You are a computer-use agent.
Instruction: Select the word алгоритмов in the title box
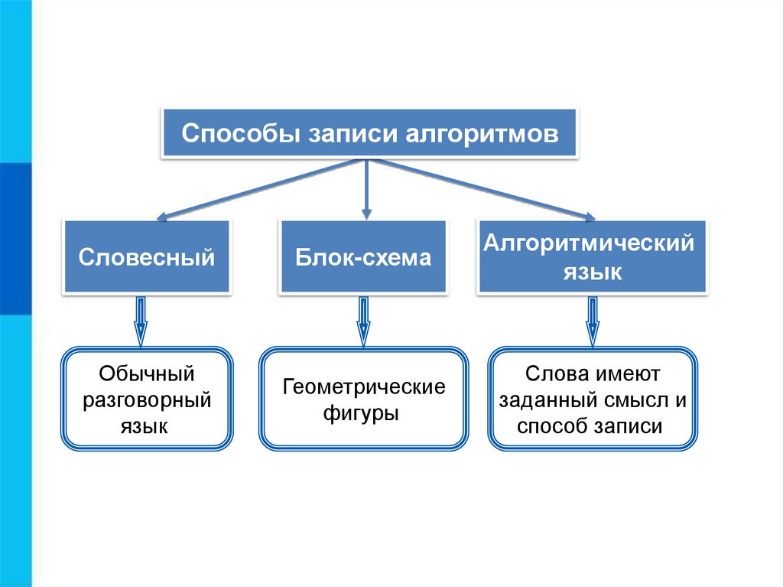click(482, 135)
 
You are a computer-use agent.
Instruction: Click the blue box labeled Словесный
click(147, 256)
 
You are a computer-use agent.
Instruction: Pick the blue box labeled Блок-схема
click(363, 256)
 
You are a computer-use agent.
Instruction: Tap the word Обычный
click(147, 375)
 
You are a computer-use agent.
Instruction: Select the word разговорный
click(147, 400)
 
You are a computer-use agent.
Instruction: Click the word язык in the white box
click(147, 426)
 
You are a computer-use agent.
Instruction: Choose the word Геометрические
click(364, 387)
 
